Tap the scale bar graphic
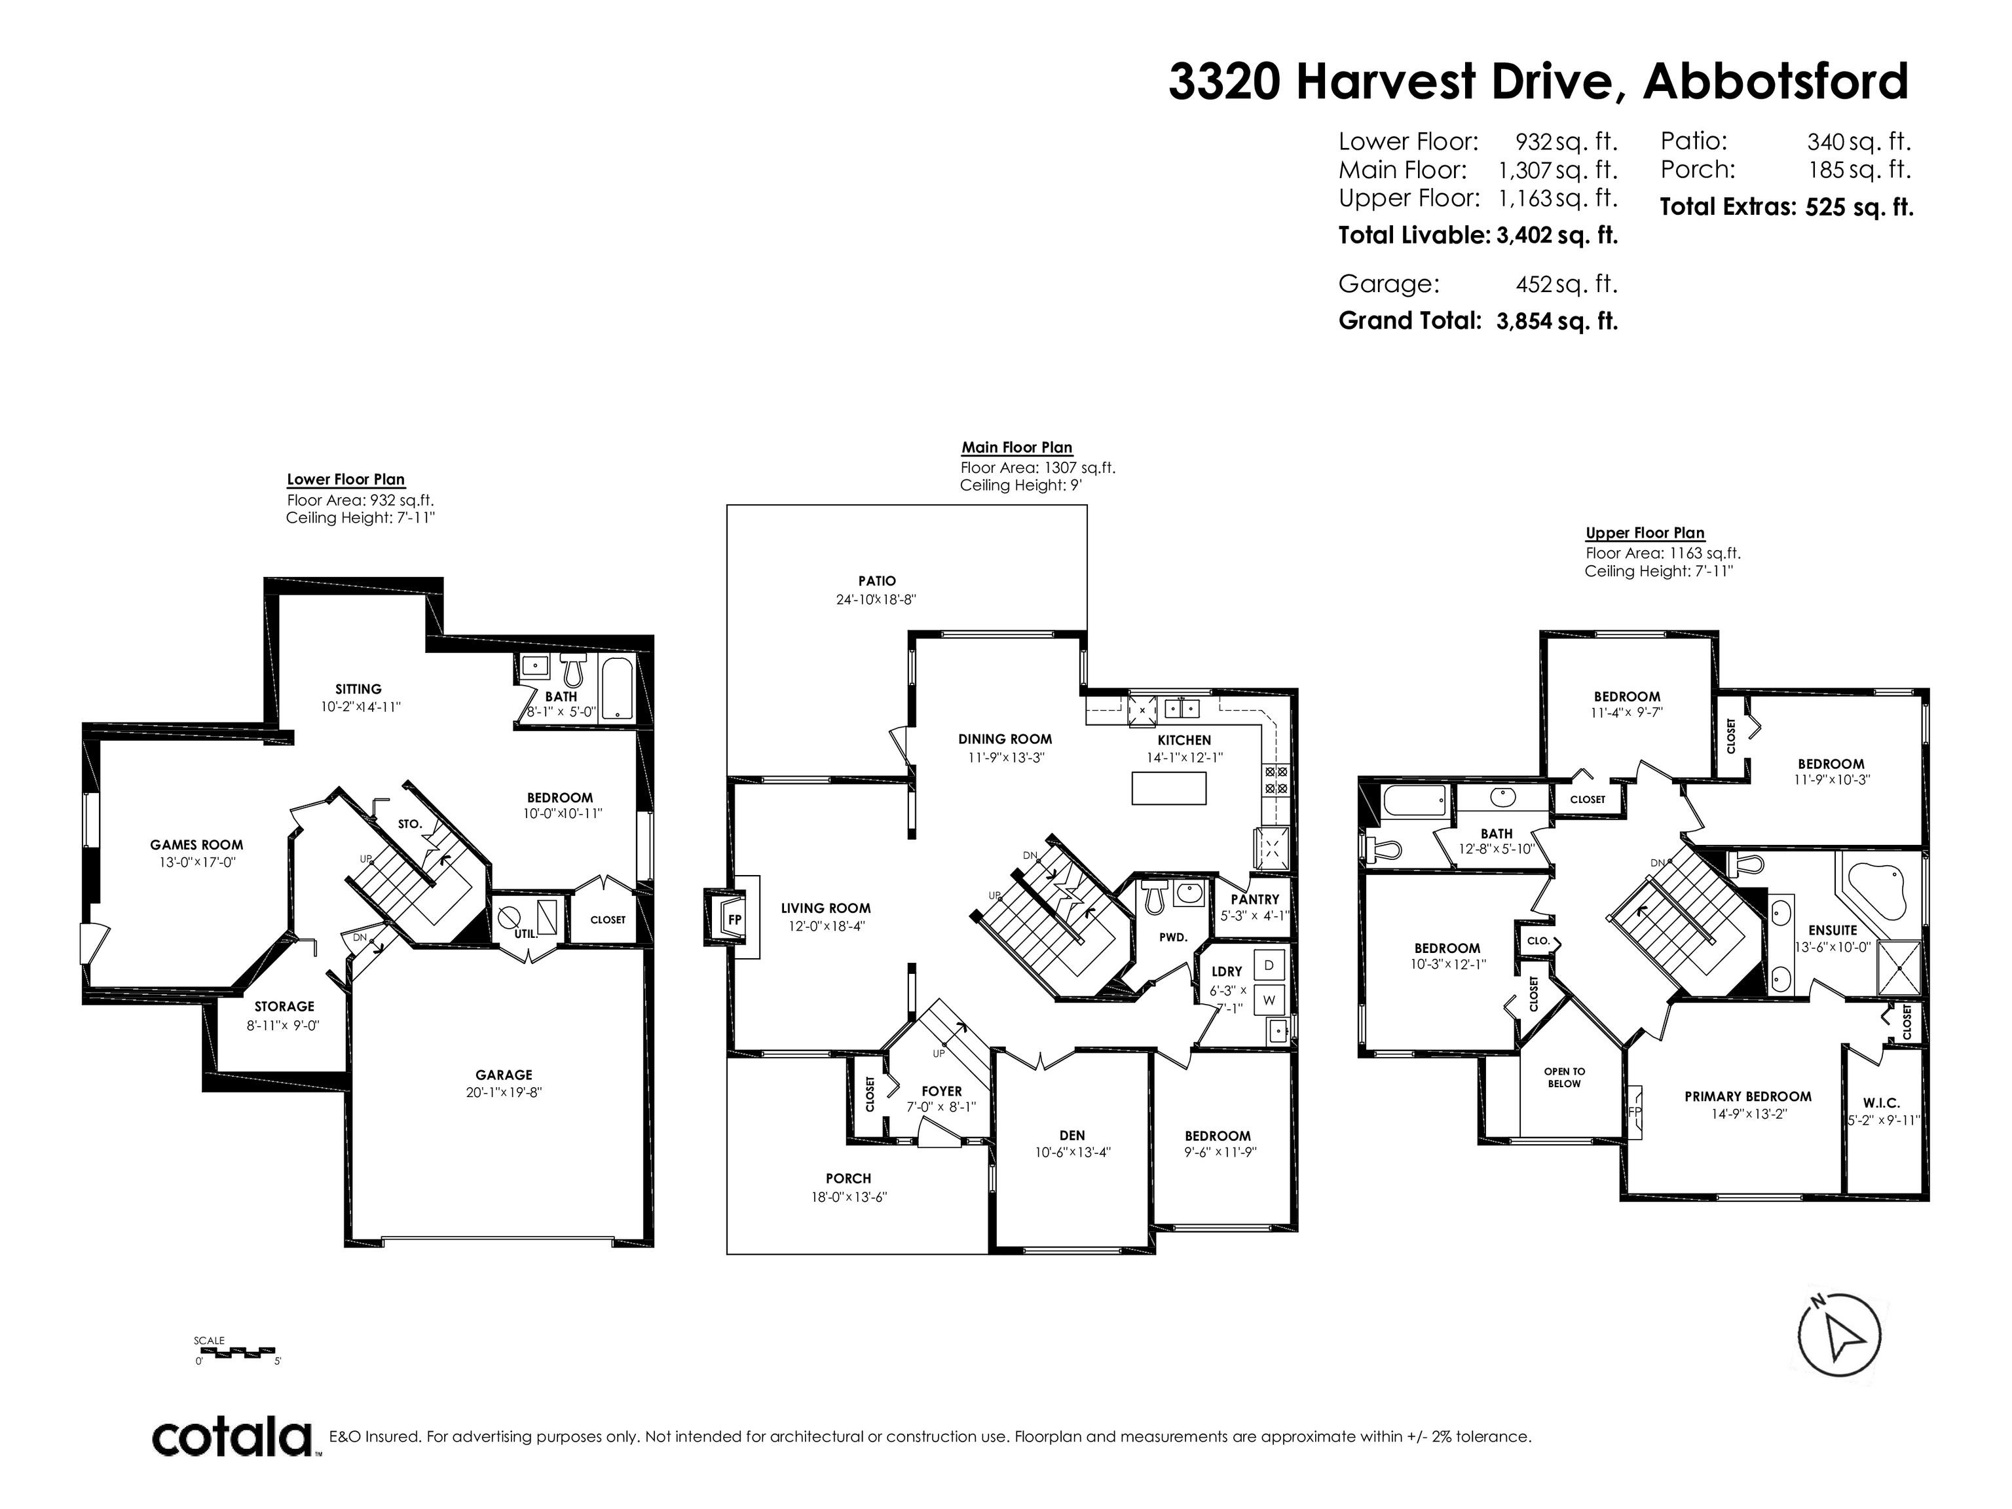tap(237, 1350)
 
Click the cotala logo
tap(232, 1438)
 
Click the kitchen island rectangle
tap(1169, 788)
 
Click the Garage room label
tap(504, 1074)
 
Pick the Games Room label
tap(196, 845)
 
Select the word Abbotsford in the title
tap(1776, 82)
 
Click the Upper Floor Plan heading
tap(1645, 533)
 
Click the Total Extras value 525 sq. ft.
tap(1859, 208)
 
